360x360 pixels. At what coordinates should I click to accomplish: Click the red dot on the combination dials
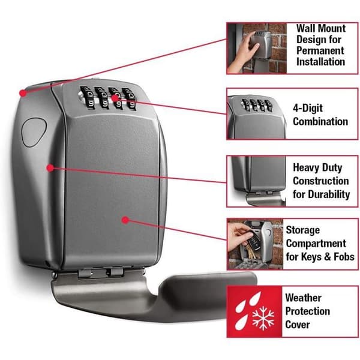[115, 98]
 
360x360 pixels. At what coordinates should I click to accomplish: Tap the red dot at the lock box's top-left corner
[23, 93]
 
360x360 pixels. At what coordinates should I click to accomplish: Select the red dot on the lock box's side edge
[50, 168]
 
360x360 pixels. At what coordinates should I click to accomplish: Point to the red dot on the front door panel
[125, 220]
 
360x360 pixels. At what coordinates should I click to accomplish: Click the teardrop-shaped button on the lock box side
[34, 132]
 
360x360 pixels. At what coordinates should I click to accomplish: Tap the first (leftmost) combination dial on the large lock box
[88, 98]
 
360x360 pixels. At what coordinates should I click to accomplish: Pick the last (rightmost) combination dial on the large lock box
[130, 100]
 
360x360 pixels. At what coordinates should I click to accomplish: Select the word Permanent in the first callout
[320, 51]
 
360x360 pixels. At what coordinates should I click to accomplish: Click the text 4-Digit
[308, 108]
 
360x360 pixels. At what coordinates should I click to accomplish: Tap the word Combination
[320, 121]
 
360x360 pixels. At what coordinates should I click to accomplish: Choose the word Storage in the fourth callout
[303, 230]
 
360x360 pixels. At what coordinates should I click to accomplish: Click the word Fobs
[344, 257]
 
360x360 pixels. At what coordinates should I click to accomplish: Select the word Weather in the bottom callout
[303, 298]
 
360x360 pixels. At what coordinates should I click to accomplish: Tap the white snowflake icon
[263, 318]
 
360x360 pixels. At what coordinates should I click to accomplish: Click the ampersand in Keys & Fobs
[327, 257]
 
